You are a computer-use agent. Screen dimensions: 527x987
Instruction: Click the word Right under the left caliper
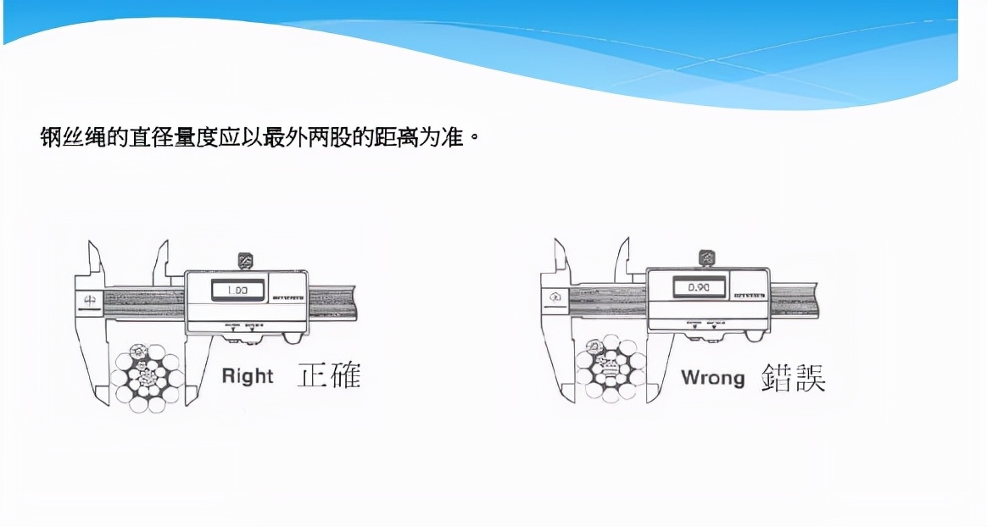[248, 376]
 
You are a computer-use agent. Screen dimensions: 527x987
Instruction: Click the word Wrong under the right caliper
[712, 377]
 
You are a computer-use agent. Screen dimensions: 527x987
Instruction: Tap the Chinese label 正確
[329, 374]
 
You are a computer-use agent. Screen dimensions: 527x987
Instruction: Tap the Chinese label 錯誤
[794, 376]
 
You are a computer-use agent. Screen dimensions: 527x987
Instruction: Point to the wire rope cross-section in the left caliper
[148, 378]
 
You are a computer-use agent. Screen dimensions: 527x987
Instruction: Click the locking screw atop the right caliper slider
[705, 257]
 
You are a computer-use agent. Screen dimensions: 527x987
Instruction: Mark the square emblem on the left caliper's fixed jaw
[87, 300]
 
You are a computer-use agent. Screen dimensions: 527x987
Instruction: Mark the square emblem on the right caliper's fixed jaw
[554, 297]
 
